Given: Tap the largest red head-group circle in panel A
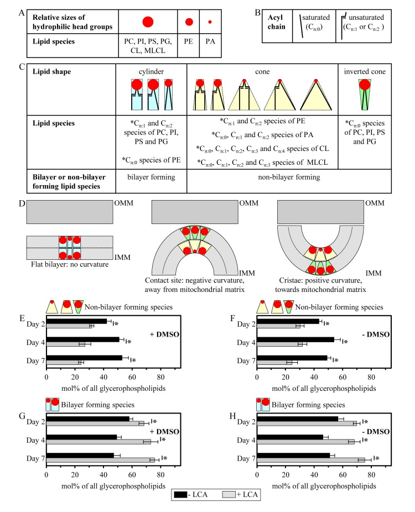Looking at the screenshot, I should pyautogui.click(x=147, y=22).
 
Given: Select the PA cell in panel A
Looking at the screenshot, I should pyautogui.click(x=210, y=41).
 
